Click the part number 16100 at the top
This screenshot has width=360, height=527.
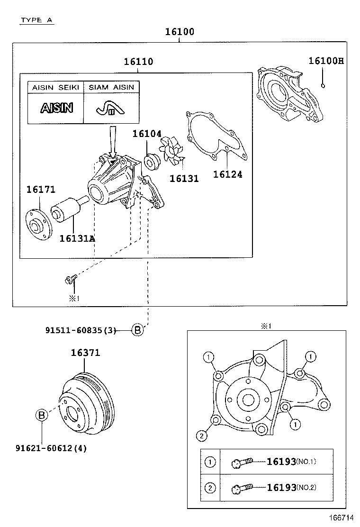pyautogui.click(x=180, y=32)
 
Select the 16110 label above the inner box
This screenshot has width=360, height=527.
pyautogui.click(x=138, y=62)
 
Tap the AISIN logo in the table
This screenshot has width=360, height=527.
pyautogui.click(x=56, y=108)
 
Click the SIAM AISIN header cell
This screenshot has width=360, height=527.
pyautogui.click(x=111, y=87)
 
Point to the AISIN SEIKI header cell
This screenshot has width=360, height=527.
pyautogui.click(x=56, y=87)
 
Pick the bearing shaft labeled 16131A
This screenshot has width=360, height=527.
pyautogui.click(x=68, y=209)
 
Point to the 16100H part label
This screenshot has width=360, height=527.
pyautogui.click(x=326, y=61)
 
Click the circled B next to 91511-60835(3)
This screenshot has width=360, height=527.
pyautogui.click(x=136, y=330)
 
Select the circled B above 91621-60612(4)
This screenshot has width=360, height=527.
pyautogui.click(x=42, y=416)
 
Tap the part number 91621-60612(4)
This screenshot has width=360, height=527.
pyautogui.click(x=51, y=448)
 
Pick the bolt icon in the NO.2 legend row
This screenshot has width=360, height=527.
pyautogui.click(x=242, y=487)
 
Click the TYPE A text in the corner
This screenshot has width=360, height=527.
pyautogui.click(x=37, y=20)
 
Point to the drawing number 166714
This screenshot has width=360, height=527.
pyautogui.click(x=342, y=518)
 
